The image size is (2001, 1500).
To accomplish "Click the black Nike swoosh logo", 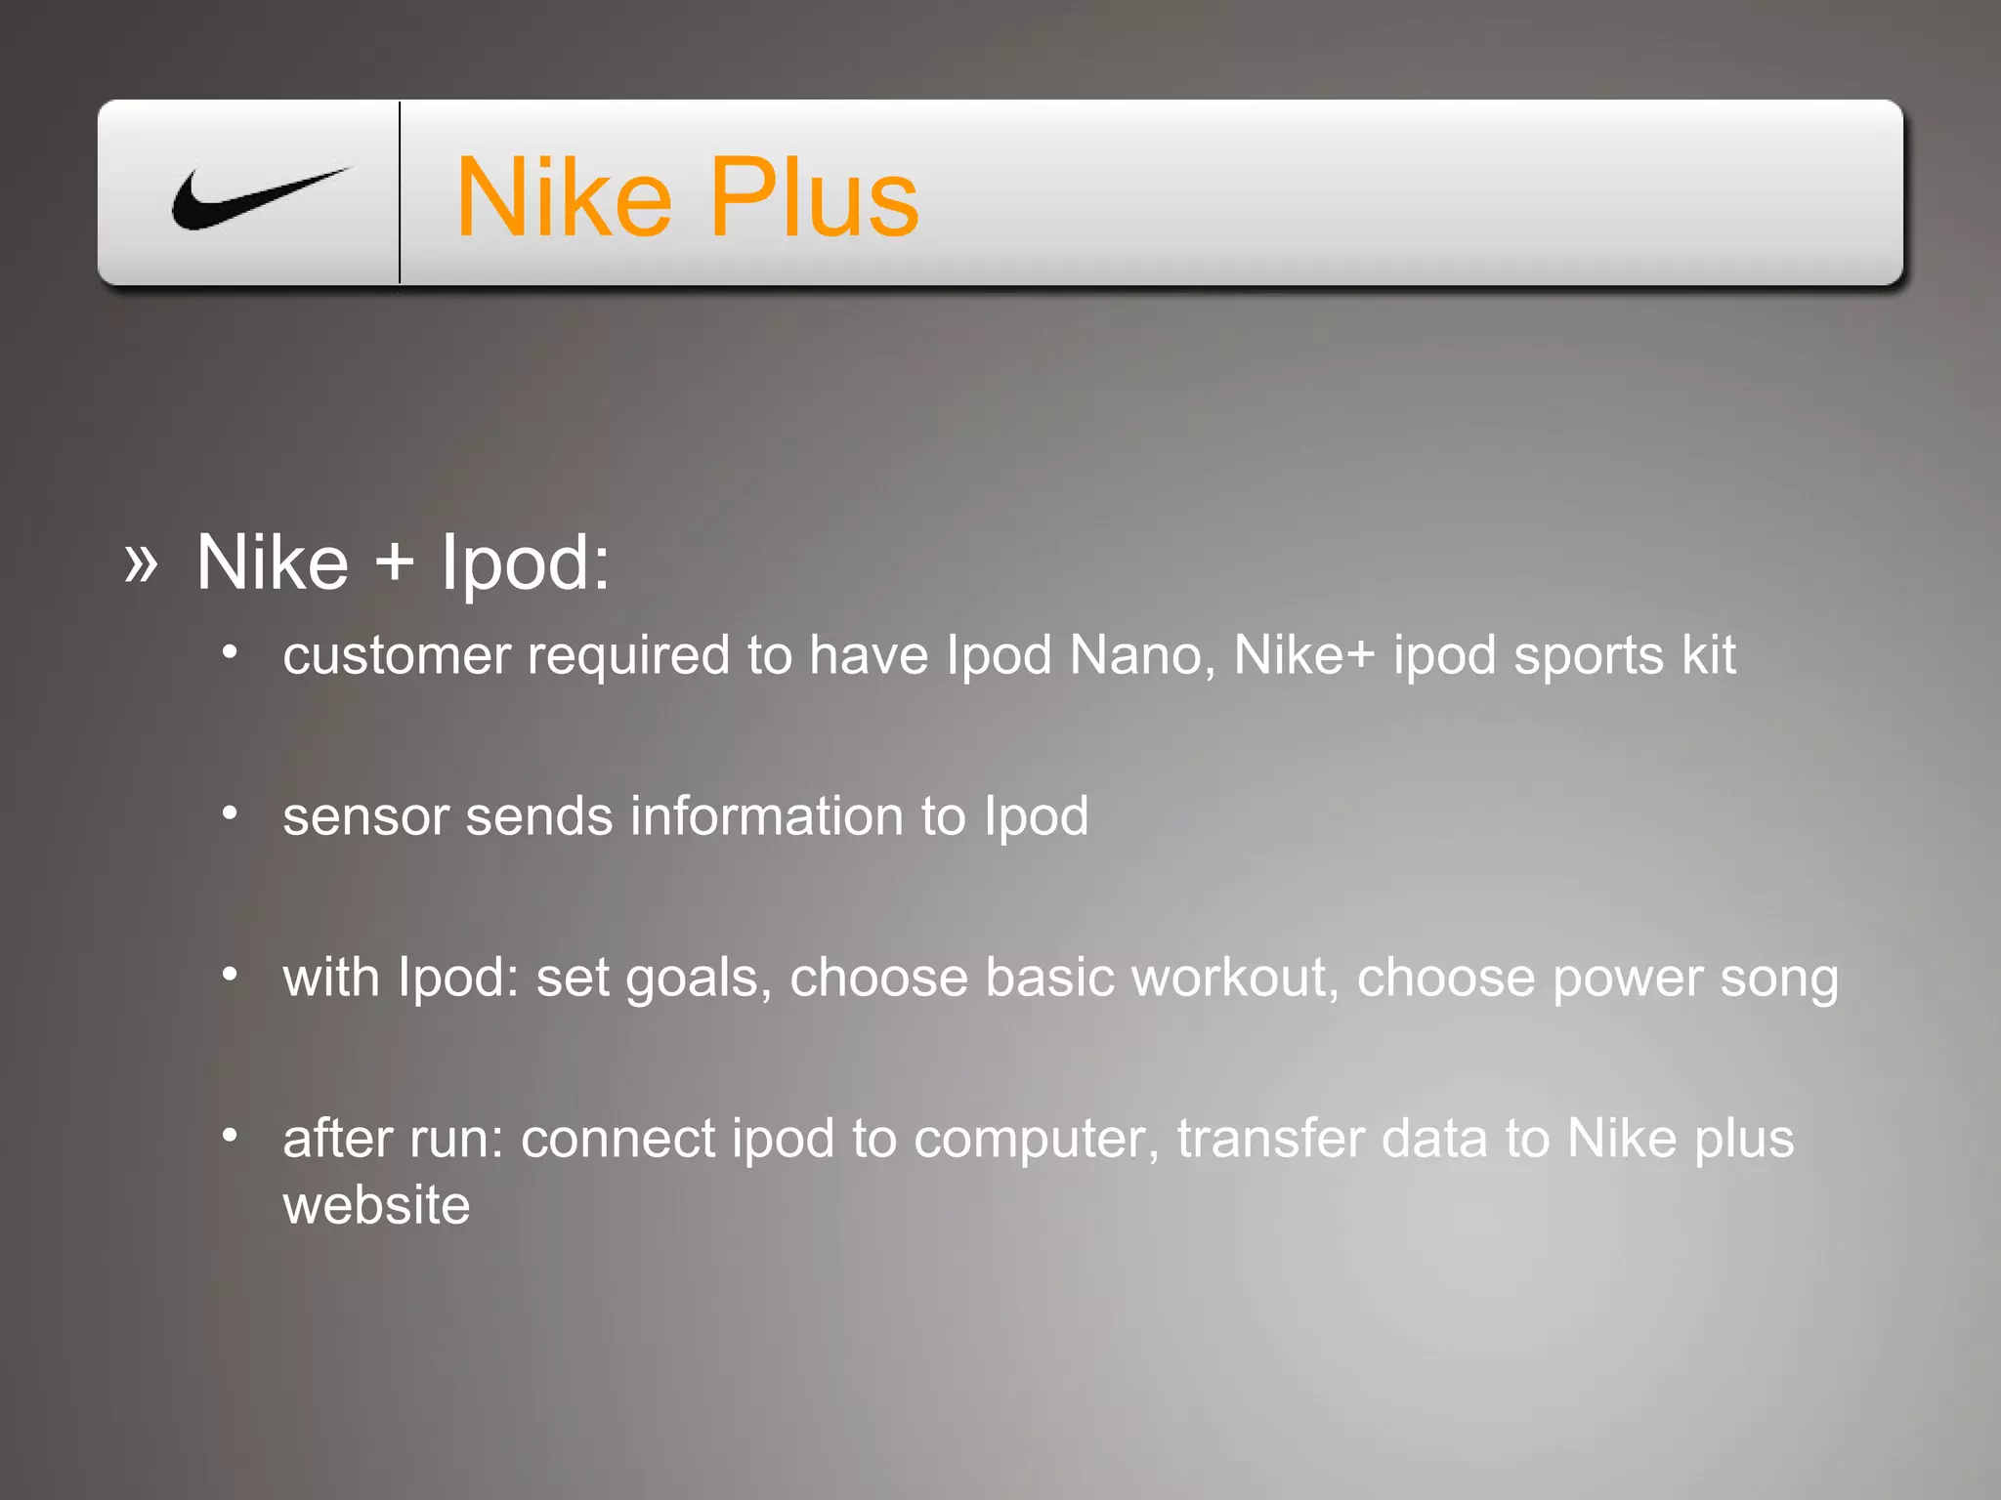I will point(256,199).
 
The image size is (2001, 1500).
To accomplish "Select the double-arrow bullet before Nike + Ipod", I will point(141,563).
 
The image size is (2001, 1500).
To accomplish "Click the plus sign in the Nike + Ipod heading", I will point(395,563).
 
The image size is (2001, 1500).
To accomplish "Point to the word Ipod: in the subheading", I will point(525,563).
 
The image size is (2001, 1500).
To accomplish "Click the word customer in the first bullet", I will point(397,655).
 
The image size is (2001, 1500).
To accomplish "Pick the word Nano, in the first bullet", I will point(1142,655).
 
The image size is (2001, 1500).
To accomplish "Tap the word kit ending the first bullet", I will point(1709,655).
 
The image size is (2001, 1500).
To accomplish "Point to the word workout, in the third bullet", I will point(1234,978).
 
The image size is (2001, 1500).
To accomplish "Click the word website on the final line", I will point(376,1205).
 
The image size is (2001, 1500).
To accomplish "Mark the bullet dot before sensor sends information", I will point(230,812).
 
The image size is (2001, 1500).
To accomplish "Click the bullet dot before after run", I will point(230,1135).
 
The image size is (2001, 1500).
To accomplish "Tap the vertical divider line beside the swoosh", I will point(400,192).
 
